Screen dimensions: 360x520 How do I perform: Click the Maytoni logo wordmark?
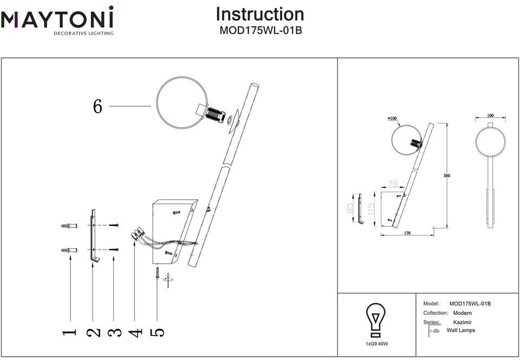tap(57, 19)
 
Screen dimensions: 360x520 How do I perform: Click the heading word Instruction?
tap(260, 14)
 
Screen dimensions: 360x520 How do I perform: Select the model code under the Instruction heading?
tap(260, 31)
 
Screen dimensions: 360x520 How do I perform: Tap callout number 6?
tap(97, 107)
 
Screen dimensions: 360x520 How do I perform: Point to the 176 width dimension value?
tap(407, 233)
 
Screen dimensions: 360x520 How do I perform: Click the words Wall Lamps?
tap(460, 330)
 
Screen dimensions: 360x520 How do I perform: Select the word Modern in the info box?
tap(462, 313)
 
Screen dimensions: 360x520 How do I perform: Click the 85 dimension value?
tap(350, 207)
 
